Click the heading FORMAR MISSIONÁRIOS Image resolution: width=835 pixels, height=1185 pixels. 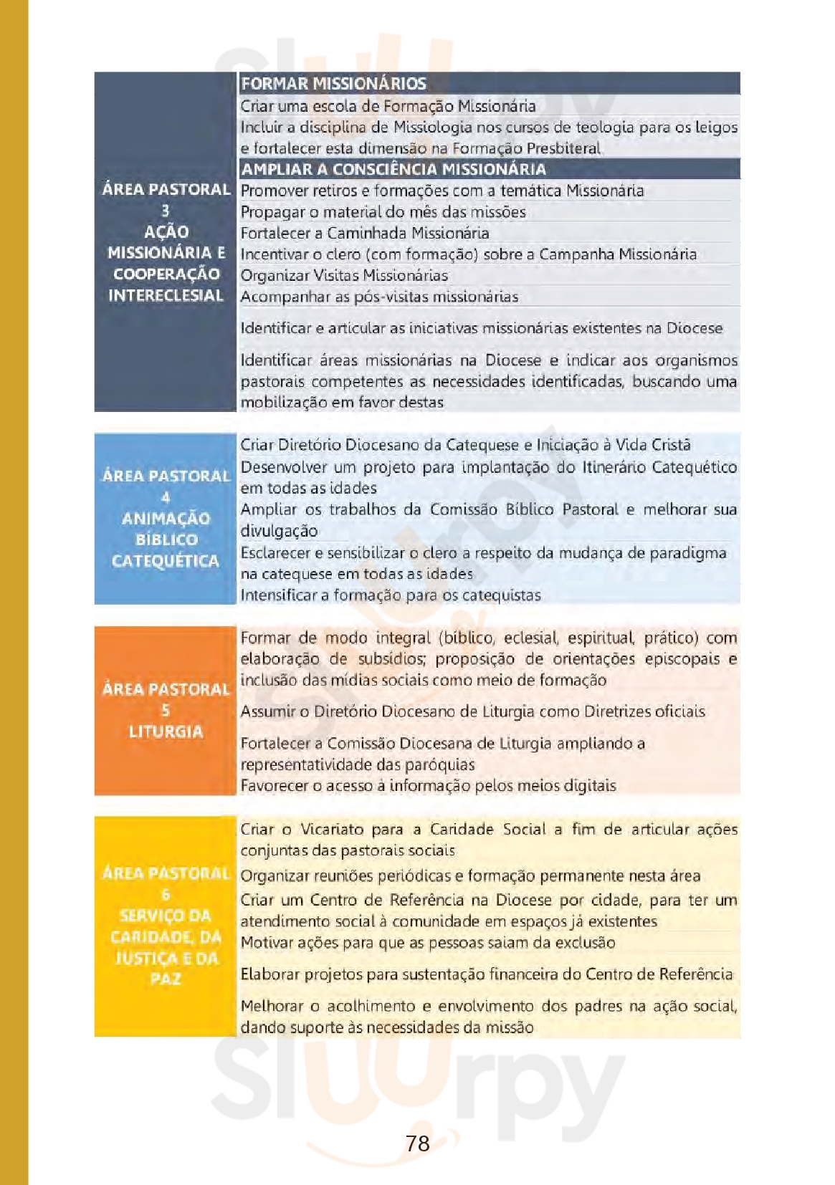[333, 84]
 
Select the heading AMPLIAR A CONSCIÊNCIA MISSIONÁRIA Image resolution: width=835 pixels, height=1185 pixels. [393, 169]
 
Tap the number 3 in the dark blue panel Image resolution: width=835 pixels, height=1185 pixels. [166, 211]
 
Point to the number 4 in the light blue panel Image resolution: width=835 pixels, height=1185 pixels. [166, 497]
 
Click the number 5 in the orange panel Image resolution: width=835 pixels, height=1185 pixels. [166, 710]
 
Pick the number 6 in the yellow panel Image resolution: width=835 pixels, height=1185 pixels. [166, 894]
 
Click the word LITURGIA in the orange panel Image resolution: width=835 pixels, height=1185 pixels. [166, 731]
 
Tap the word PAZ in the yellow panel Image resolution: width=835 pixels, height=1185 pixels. [166, 979]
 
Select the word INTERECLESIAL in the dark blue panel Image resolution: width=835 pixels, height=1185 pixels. [166, 295]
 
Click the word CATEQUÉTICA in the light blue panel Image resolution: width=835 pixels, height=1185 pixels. [166, 560]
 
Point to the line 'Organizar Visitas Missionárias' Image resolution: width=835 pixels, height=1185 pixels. [344, 275]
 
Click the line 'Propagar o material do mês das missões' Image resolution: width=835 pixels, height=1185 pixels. [383, 212]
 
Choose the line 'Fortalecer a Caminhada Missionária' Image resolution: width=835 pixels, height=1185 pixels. [365, 233]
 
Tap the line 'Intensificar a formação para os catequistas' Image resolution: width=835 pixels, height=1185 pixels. [391, 595]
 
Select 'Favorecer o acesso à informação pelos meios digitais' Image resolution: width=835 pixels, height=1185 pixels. [428, 785]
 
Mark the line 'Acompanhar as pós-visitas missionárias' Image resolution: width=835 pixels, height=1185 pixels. [379, 297]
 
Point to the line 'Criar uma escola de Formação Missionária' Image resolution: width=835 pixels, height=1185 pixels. [388, 106]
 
